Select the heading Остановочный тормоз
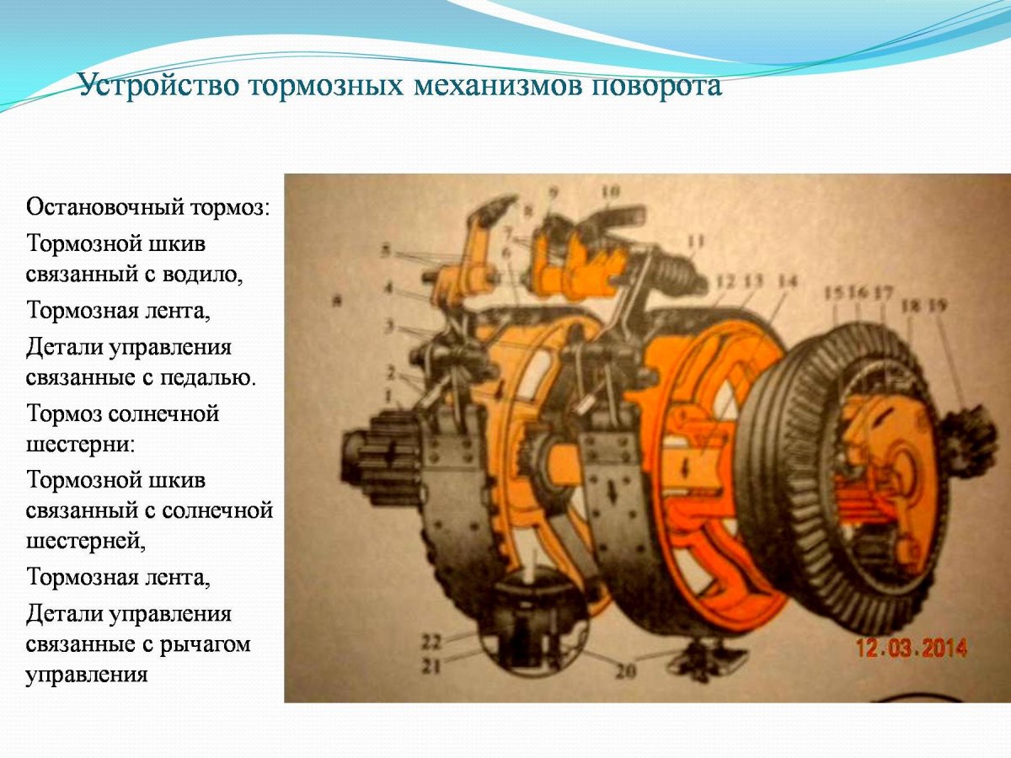(x=148, y=206)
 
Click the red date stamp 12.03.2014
(x=912, y=648)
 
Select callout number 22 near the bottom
(x=431, y=642)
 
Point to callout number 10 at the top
(x=611, y=192)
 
